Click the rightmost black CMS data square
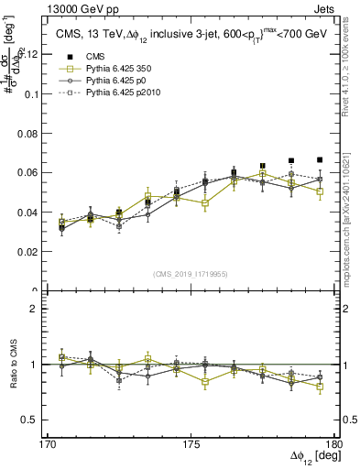coord(320,159)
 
